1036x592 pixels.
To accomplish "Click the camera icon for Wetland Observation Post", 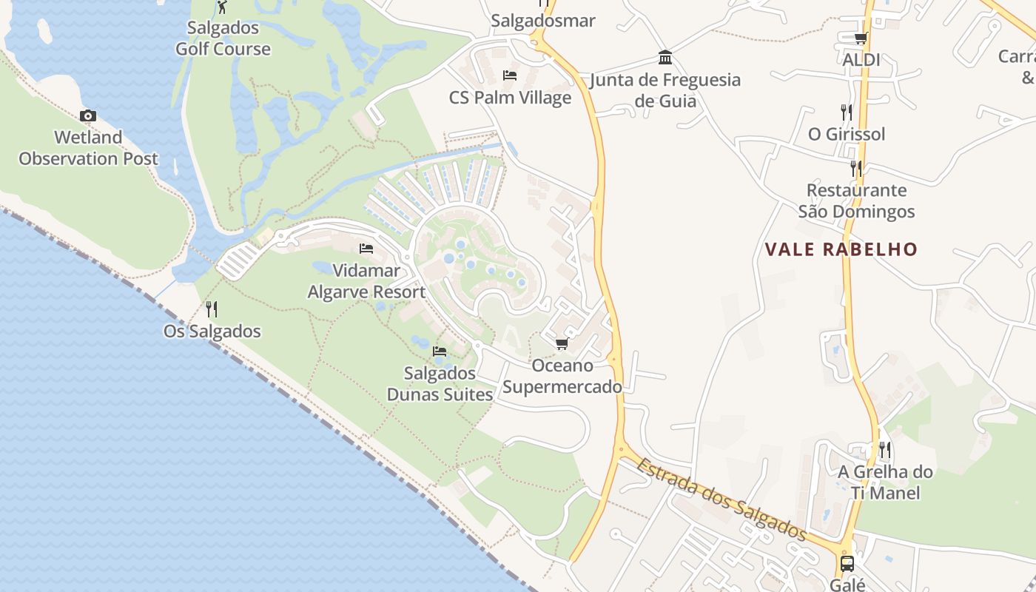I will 88,116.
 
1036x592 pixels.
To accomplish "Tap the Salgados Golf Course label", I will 223,38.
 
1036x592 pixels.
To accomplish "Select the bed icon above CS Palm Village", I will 510,75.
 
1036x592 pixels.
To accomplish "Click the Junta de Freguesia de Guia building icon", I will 665,58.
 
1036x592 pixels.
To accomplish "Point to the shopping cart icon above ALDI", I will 861,38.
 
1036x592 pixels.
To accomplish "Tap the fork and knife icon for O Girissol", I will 847,112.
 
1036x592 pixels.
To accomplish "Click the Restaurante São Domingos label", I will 856,201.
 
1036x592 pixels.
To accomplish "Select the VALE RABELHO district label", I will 841,249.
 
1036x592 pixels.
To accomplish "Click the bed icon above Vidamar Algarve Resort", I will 366,249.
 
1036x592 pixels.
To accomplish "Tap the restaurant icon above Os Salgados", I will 212,309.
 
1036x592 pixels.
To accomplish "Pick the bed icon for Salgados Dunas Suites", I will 440,351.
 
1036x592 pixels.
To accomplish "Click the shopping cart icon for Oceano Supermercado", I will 562,344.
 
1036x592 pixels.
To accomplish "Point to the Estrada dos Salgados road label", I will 721,498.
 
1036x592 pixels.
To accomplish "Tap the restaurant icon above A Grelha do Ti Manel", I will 885,450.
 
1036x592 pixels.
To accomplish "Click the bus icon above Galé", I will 847,564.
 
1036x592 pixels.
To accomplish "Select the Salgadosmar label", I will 543,21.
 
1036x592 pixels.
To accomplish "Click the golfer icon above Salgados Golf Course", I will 222,7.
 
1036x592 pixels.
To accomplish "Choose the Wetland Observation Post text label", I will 88,148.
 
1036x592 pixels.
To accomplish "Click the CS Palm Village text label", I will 511,98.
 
